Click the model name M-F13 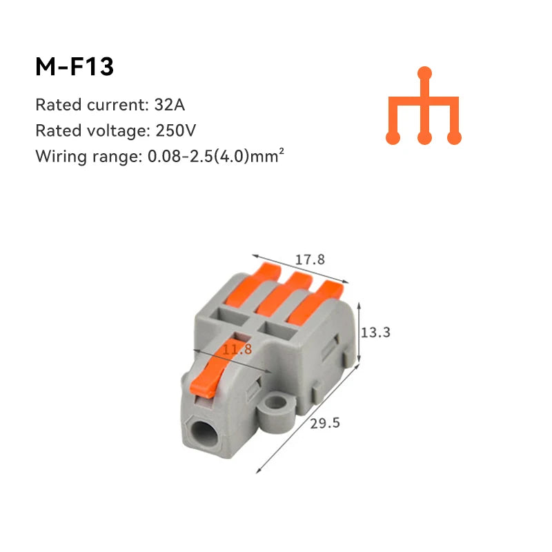click(x=75, y=67)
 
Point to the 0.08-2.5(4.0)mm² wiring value click(x=216, y=156)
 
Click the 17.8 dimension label click(x=310, y=260)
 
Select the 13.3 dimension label click(x=376, y=332)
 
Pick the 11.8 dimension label click(x=237, y=350)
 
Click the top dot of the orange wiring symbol click(x=425, y=72)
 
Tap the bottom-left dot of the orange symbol click(x=393, y=138)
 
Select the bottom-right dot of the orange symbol click(x=454, y=138)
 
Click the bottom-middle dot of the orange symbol click(x=425, y=138)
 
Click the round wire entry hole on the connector click(x=204, y=437)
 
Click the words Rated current click(x=88, y=105)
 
